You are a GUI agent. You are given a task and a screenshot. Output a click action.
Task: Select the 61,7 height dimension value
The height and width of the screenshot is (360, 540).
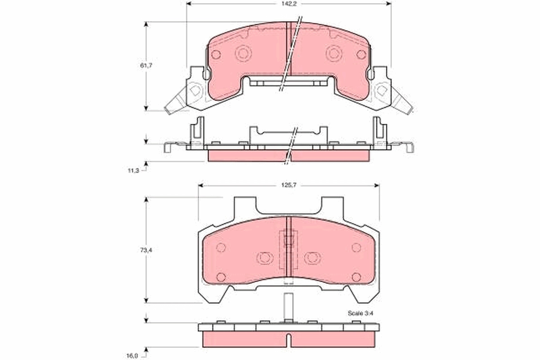[146, 66]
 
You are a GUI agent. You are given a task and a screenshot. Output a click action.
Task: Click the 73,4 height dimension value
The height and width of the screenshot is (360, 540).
[146, 250]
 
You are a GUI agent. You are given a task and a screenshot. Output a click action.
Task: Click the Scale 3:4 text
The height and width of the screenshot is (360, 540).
[360, 313]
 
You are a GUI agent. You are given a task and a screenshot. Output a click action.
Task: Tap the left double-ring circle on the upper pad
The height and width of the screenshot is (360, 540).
[243, 53]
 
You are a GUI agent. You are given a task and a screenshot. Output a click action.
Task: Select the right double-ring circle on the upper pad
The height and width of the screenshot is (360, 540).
[334, 53]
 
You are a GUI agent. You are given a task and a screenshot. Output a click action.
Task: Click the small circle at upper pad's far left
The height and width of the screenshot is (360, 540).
[216, 54]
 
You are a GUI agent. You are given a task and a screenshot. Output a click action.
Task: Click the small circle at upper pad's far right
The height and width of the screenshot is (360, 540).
[361, 54]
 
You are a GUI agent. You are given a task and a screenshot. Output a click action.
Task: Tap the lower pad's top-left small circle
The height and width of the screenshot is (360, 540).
[220, 247]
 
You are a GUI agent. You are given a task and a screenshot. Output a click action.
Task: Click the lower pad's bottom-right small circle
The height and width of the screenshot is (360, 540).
[356, 277]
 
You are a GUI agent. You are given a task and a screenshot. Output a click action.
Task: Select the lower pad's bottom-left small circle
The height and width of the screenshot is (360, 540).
[220, 277]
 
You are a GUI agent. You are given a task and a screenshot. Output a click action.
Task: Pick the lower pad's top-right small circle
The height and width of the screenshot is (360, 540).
[356, 247]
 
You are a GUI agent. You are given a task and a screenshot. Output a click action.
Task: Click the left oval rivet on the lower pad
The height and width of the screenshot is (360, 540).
[265, 258]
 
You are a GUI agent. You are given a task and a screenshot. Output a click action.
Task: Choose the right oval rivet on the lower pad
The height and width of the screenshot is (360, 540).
[312, 258]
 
